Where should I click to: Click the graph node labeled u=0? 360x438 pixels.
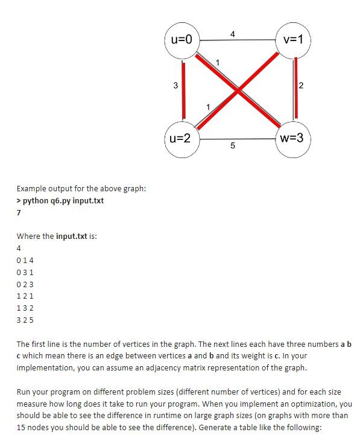[x=182, y=40]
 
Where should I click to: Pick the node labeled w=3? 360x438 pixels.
[x=293, y=138]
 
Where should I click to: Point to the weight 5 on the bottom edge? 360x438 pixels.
[x=232, y=147]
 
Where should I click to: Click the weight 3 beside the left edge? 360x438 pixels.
[x=175, y=86]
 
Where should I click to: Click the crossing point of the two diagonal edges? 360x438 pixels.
[x=239, y=90]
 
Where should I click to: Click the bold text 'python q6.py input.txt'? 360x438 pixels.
[x=63, y=200]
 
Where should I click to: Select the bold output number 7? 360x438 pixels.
[x=19, y=212]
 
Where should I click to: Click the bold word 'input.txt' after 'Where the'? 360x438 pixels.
[x=72, y=236]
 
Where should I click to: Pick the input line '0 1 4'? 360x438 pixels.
[x=26, y=260]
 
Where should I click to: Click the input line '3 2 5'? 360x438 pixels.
[x=26, y=320]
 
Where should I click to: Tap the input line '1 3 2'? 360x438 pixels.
[x=26, y=308]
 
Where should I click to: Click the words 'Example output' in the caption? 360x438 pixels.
[x=42, y=189]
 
